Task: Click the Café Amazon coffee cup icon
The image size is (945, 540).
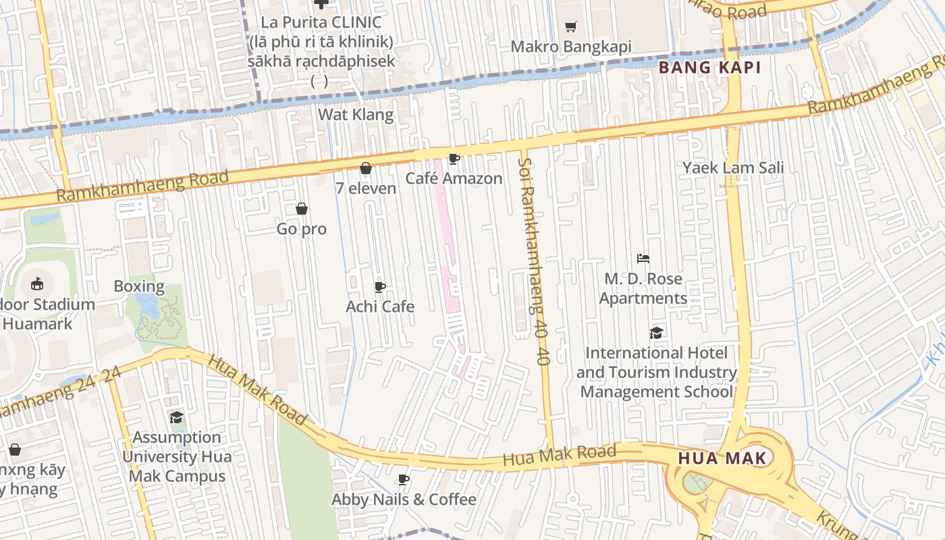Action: coord(454,159)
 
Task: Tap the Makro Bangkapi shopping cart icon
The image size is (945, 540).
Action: coord(571,27)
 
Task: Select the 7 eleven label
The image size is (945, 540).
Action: coord(366,188)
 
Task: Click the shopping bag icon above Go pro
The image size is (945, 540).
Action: coord(302,209)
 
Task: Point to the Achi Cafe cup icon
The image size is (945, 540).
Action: coord(380,288)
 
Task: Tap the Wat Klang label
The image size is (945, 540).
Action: coord(356,115)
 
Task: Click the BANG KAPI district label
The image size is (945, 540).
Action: coord(709,67)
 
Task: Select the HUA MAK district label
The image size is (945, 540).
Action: coord(722,459)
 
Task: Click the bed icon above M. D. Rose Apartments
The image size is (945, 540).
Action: coord(643,259)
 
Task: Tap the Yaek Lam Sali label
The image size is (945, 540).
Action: coord(733,168)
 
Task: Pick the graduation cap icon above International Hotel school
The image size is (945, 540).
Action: coord(656,333)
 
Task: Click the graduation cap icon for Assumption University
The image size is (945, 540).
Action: coord(176,418)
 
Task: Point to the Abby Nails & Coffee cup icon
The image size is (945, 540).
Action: coord(404,480)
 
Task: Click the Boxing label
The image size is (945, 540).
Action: coord(139,286)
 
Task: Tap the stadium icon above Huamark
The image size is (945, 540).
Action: coord(37,284)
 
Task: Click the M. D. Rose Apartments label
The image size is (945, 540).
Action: coord(643,288)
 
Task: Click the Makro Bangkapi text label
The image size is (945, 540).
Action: coord(571,47)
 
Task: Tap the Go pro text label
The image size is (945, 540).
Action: coord(302,230)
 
